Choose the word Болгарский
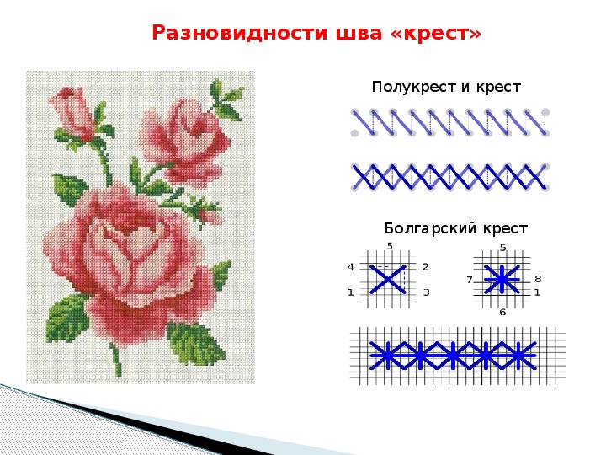pos(430,228)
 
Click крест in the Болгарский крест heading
pos(505,229)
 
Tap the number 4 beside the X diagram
pos(350,267)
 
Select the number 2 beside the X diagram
pos(426,267)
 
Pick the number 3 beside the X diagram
pos(426,292)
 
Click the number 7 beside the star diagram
pos(470,280)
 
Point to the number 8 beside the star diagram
pos(538,279)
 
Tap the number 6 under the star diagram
pos(502,312)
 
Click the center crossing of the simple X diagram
pos(388,279)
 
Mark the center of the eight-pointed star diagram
pos(502,279)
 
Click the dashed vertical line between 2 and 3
pos(405,280)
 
